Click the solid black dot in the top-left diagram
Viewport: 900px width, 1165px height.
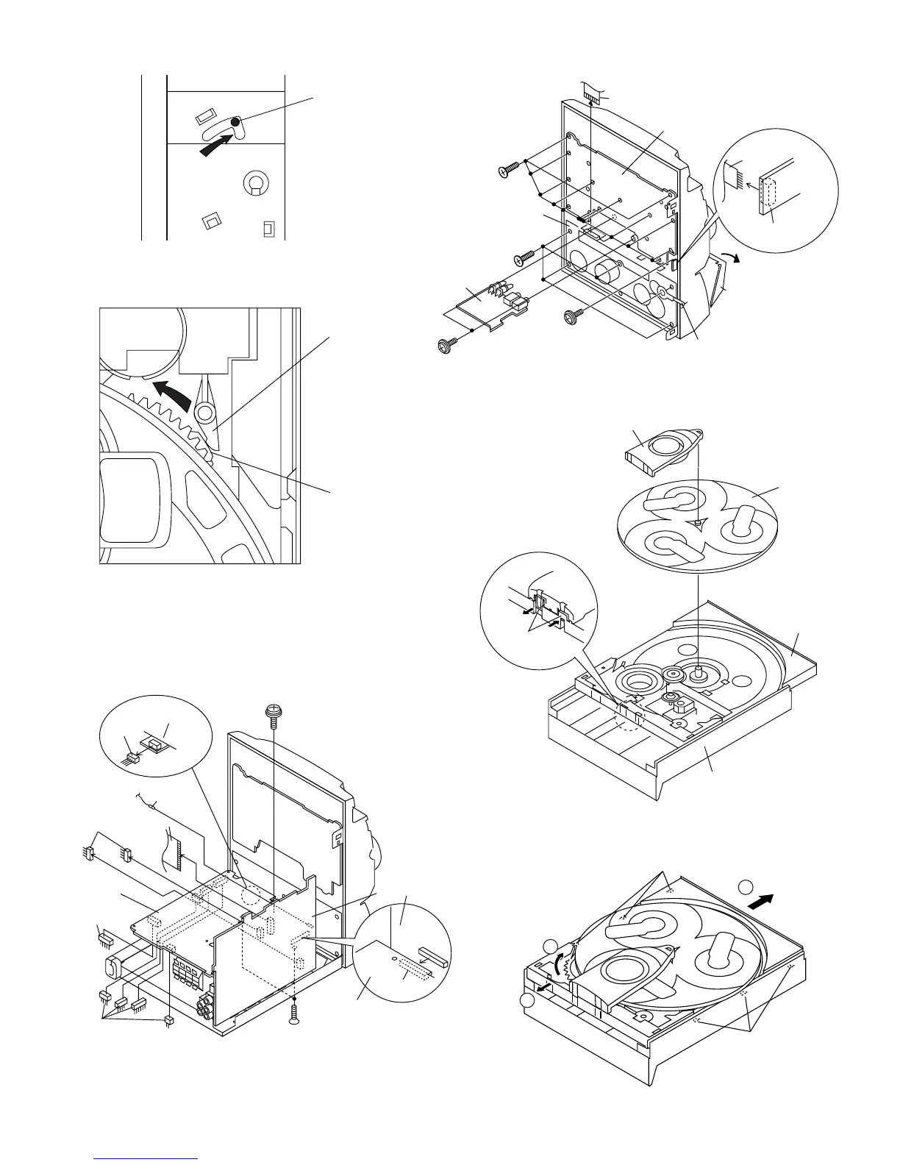pos(235,121)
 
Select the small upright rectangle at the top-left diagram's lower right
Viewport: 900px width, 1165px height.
pos(268,229)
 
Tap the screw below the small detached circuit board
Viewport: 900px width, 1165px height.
pos(446,345)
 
